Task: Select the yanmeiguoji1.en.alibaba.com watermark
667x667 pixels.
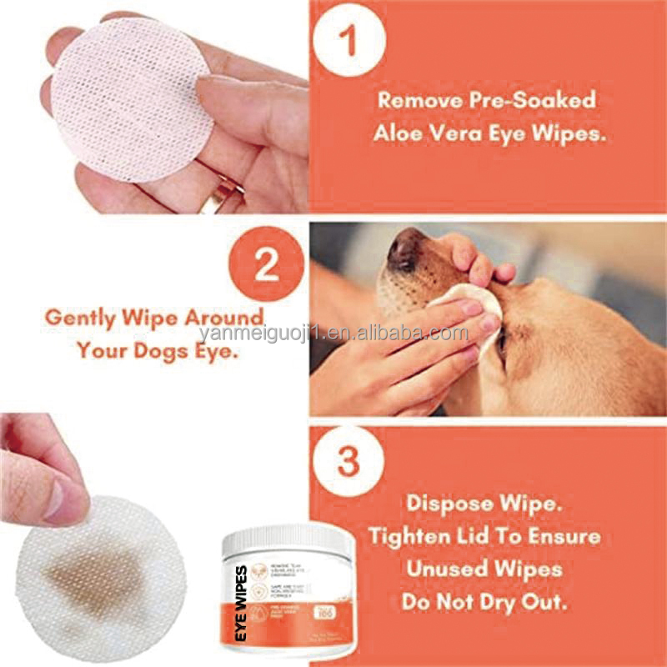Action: click(x=333, y=334)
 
